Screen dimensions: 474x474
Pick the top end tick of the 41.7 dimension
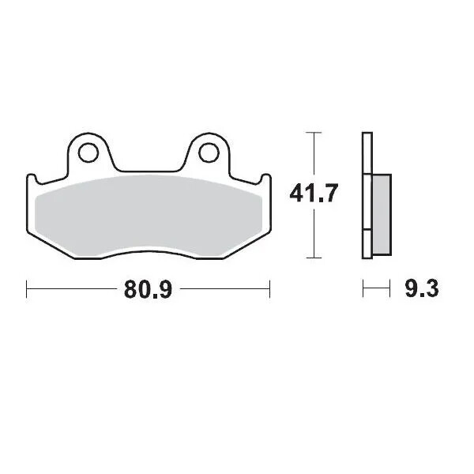pos(315,132)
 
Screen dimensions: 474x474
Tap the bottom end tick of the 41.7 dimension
pos(315,258)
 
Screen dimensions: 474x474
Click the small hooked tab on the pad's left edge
pos(32,179)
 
